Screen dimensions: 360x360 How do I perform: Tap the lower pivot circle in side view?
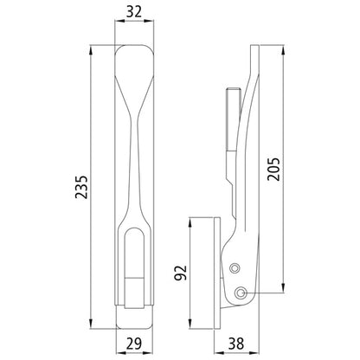click(x=241, y=291)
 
